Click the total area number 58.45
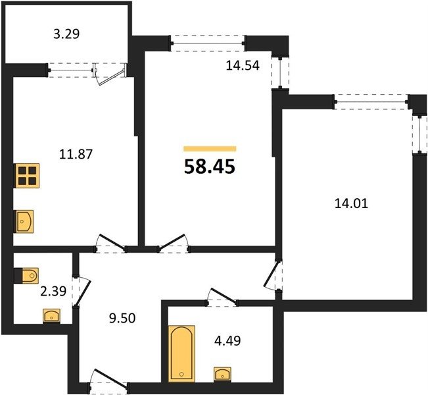[x=210, y=167]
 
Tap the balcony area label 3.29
[x=66, y=34]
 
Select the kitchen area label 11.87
[x=76, y=154]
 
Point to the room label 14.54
[x=243, y=66]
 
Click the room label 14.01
[x=351, y=203]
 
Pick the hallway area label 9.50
[x=122, y=319]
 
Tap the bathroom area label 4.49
[x=227, y=341]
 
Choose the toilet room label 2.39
[x=53, y=292]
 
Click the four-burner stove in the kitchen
[x=26, y=176]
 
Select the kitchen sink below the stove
[x=24, y=221]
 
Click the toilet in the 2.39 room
[x=26, y=276]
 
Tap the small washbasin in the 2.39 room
[x=51, y=316]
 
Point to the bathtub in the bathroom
[x=181, y=354]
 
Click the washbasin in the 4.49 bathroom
[x=222, y=374]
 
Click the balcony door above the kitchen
[x=109, y=74]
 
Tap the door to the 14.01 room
[x=273, y=276]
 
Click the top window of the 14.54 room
[x=208, y=43]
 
